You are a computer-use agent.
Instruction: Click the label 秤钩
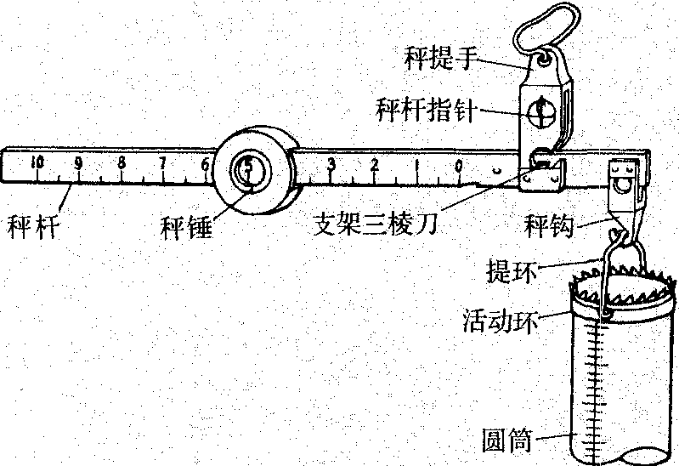553,227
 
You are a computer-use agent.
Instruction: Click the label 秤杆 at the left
32,227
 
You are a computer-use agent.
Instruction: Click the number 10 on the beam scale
37,162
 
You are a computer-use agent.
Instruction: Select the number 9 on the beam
79,162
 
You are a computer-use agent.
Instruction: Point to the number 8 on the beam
122,162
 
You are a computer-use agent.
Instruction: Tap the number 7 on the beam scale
163,162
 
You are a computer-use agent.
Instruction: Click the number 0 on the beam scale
459,164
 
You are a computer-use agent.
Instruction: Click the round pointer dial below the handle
539,110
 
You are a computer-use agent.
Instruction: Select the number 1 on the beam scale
417,164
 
